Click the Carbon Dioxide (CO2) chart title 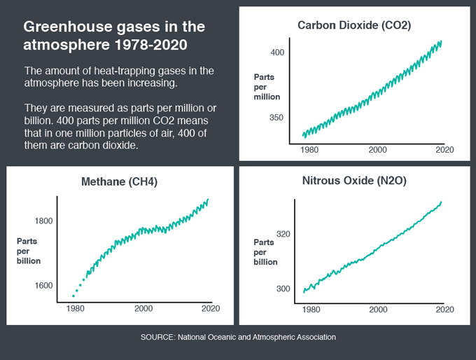click(x=354, y=25)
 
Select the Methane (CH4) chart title click(x=119, y=181)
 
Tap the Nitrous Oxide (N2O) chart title click(x=354, y=181)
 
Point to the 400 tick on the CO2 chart click(x=277, y=53)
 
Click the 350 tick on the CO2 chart click(x=276, y=118)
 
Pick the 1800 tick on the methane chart click(x=43, y=221)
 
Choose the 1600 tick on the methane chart click(x=43, y=286)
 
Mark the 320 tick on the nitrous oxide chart click(x=283, y=234)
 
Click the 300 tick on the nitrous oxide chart click(x=283, y=289)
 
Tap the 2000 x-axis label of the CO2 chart click(x=377, y=150)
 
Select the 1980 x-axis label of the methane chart click(x=76, y=309)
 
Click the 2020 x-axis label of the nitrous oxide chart click(x=445, y=310)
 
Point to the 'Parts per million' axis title click(x=267, y=87)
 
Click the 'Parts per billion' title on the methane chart click(x=29, y=251)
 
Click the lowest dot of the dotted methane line click(x=73, y=296)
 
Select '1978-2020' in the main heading click(x=151, y=45)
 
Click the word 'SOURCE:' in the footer click(x=158, y=337)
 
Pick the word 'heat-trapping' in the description click(x=125, y=71)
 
